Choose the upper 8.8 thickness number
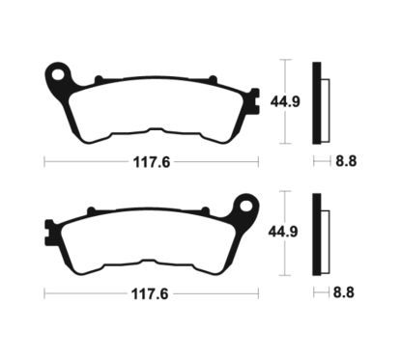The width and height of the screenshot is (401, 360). pyautogui.click(x=346, y=162)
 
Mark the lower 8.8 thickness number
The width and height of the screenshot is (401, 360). pyautogui.click(x=346, y=291)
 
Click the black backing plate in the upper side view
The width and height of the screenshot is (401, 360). pyautogui.click(x=316, y=101)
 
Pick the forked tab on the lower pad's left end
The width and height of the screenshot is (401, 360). pyautogui.click(x=50, y=231)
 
